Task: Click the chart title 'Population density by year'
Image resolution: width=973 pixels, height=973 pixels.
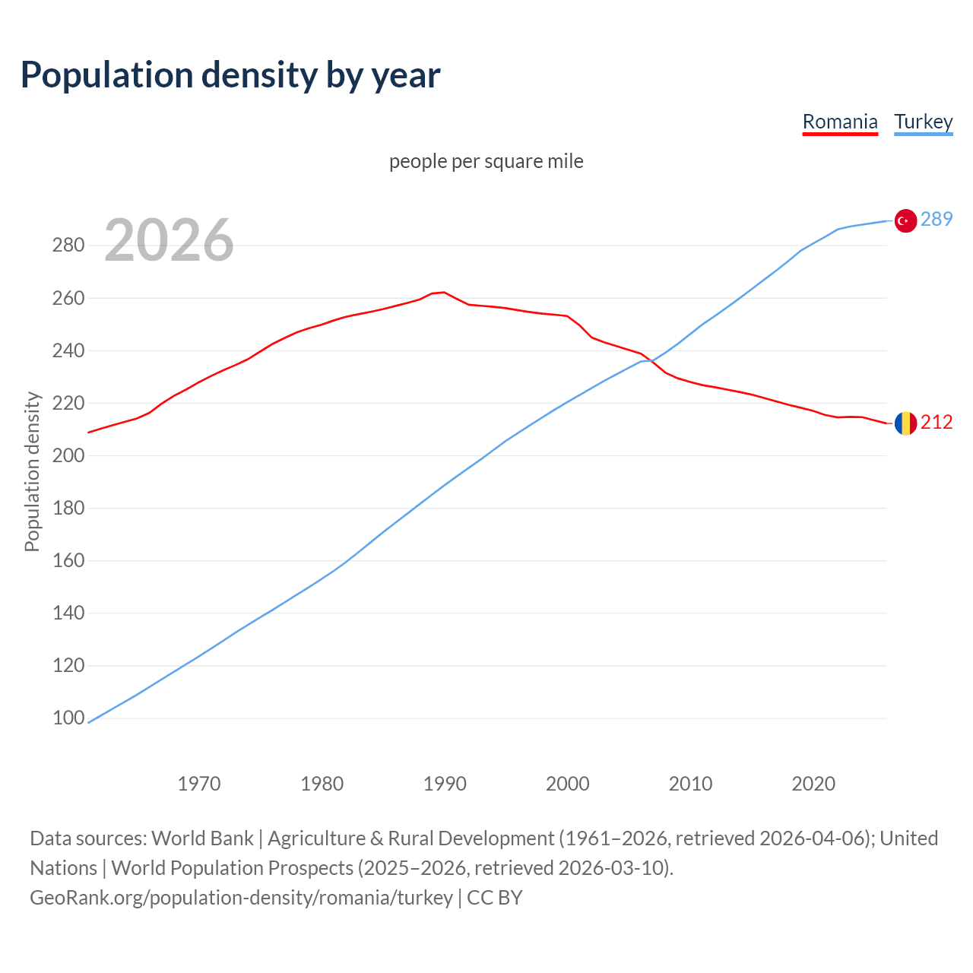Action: coord(230,74)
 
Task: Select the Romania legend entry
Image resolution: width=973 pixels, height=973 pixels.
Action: coord(840,122)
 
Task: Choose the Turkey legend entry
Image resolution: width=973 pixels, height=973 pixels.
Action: coord(923,122)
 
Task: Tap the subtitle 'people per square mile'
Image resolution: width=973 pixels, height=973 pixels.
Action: coord(486,161)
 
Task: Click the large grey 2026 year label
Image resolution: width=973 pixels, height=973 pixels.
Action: coord(169,240)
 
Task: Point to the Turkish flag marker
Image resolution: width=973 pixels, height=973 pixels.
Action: coord(905,220)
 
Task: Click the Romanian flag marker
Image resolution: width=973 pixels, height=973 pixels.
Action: coord(905,423)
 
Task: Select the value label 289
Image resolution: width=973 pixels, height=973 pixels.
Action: coord(937,220)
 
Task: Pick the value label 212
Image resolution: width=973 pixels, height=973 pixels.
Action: coord(937,422)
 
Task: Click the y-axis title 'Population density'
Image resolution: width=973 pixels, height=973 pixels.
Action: coord(32,471)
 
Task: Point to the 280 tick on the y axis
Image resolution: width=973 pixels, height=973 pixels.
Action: coord(68,246)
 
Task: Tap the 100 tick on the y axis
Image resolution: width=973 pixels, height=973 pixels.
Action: coord(68,718)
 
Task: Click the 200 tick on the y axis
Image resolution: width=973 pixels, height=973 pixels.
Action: coord(68,455)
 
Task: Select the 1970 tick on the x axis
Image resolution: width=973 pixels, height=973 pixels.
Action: coord(199,783)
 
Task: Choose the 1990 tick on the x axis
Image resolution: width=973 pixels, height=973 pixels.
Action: coord(445,783)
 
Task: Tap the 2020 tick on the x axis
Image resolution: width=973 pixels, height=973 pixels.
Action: coord(813,783)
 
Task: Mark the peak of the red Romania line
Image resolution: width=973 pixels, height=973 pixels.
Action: coord(444,292)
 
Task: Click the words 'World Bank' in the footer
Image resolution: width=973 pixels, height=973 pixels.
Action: coord(202,838)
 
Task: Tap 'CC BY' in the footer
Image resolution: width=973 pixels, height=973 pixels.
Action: coord(495,898)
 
